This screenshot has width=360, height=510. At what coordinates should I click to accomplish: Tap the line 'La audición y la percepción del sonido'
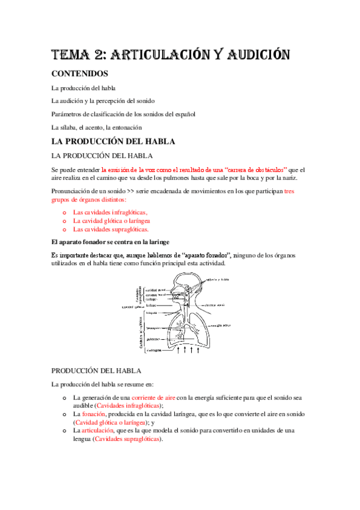(103, 100)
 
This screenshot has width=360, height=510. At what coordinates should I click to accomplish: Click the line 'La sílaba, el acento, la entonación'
(96, 127)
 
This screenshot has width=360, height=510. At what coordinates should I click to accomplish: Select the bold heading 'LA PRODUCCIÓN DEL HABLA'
(113, 142)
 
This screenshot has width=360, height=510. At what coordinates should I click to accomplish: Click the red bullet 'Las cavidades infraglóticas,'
(110, 212)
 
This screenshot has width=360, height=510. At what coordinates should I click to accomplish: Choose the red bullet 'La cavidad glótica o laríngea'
(111, 221)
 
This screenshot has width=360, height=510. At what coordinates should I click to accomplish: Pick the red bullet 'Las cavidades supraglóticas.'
(111, 229)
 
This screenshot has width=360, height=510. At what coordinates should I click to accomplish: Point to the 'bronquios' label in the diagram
(154, 328)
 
